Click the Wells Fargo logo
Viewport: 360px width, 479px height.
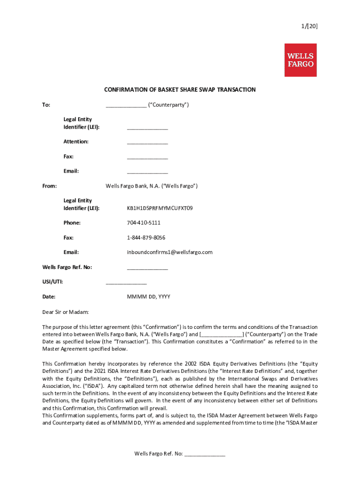click(300, 60)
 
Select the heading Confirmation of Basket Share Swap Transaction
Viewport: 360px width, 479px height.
click(180, 90)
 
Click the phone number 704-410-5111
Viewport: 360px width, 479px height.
click(144, 223)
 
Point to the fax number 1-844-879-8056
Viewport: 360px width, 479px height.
click(146, 238)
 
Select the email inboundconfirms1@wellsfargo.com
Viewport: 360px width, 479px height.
click(169, 253)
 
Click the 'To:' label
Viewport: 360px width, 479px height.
click(46, 105)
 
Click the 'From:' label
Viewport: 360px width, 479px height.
click(50, 186)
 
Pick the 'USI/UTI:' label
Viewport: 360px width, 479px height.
click(53, 282)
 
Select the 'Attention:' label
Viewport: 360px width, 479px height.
click(76, 141)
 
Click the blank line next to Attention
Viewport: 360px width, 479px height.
click(147, 142)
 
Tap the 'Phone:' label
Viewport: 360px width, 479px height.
click(72, 223)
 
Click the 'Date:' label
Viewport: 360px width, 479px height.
click(49, 297)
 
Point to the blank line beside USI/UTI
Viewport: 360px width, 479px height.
click(126, 283)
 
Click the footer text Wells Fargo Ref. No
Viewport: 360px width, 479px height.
click(159, 454)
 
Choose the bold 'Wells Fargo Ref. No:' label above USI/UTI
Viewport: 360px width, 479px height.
click(67, 267)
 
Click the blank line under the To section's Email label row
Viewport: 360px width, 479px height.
click(147, 172)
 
